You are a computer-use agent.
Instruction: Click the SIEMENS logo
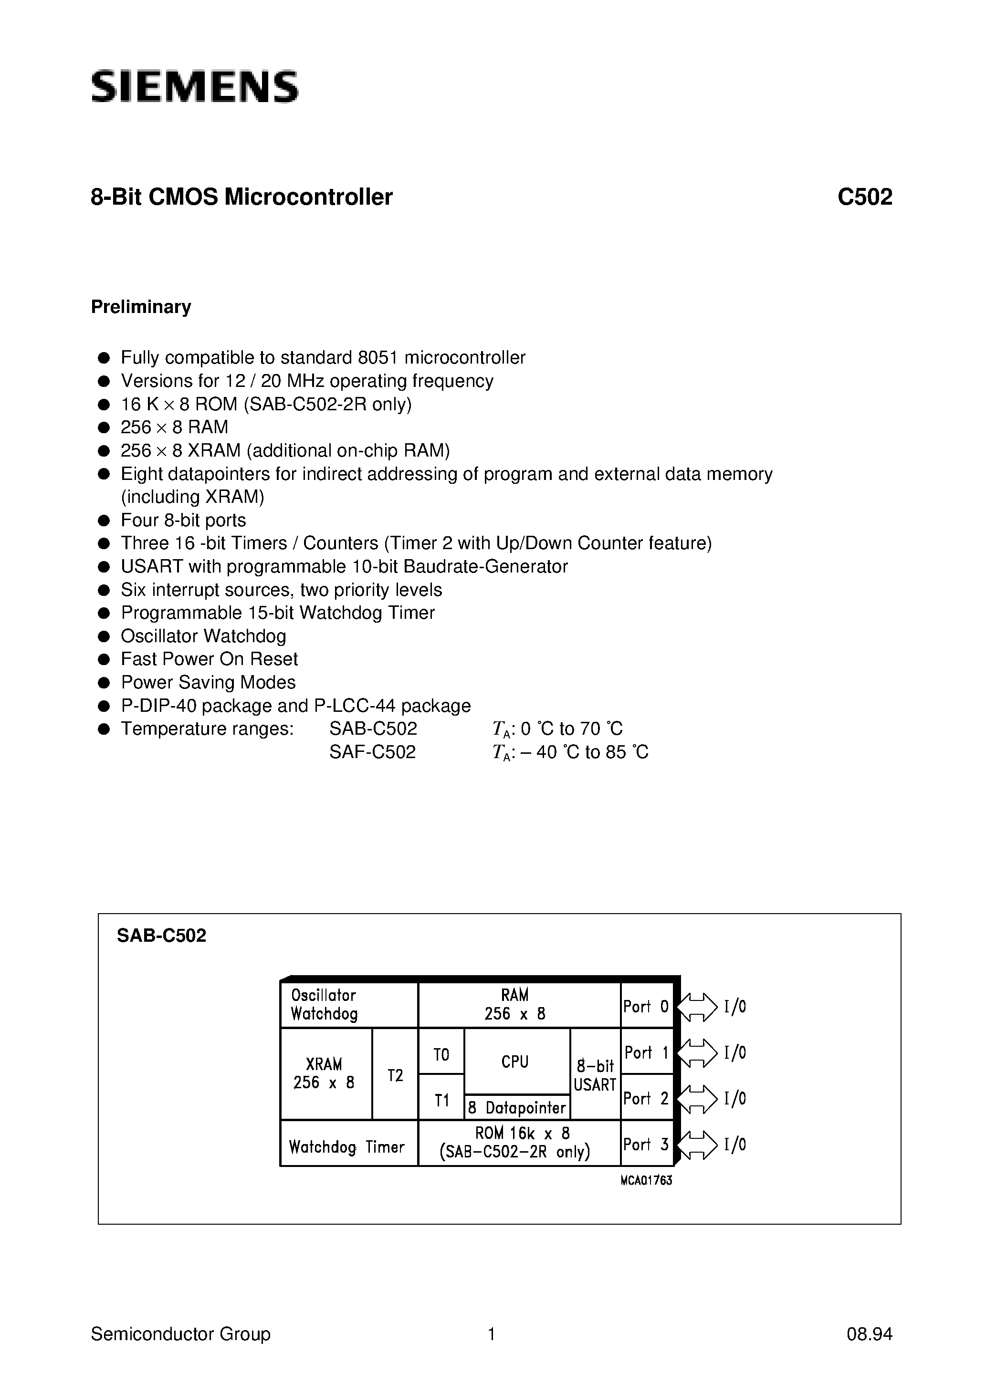pyautogui.click(x=195, y=86)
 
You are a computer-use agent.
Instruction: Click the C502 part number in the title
pyautogui.click(x=864, y=198)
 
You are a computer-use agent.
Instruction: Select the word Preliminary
pyautogui.click(x=141, y=307)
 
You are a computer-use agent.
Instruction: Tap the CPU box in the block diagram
pyautogui.click(x=515, y=1062)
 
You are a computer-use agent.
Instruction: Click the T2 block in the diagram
pyautogui.click(x=395, y=1075)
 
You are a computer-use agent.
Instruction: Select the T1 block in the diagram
pyautogui.click(x=441, y=1100)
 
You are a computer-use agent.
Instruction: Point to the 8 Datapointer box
pyautogui.click(x=517, y=1108)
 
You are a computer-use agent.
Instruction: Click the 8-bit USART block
pyautogui.click(x=595, y=1075)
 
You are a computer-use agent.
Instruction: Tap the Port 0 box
pyautogui.click(x=646, y=1007)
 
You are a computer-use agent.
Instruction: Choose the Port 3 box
pyautogui.click(x=646, y=1145)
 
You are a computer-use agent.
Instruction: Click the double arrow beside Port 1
pyautogui.click(x=697, y=1053)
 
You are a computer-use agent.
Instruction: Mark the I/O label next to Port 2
pyautogui.click(x=735, y=1099)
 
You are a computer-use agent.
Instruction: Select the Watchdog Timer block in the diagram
pyautogui.click(x=347, y=1147)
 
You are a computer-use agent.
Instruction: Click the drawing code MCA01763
pyautogui.click(x=646, y=1180)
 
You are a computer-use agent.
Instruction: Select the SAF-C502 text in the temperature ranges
pyautogui.click(x=373, y=752)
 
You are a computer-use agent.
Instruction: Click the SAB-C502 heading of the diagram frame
pyautogui.click(x=162, y=936)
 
